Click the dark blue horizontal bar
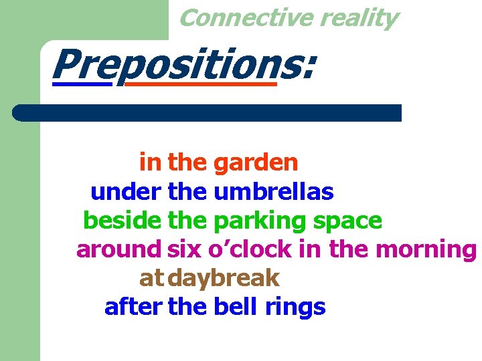208,112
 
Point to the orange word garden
255,162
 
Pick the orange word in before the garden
151,162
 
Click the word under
125,193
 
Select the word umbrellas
273,193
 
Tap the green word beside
123,220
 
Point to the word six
184,249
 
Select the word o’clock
250,249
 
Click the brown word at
151,278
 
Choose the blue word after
133,307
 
